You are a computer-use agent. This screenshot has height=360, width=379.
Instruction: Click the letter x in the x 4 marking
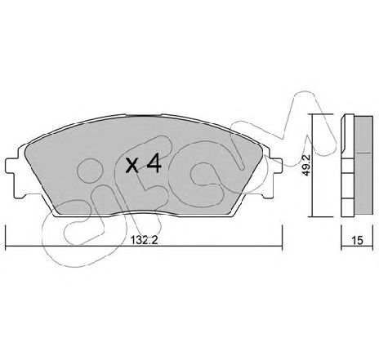tap(132, 166)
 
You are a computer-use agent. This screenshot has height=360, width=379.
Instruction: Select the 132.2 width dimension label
tap(145, 241)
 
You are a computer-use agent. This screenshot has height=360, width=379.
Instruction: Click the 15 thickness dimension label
tap(357, 240)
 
